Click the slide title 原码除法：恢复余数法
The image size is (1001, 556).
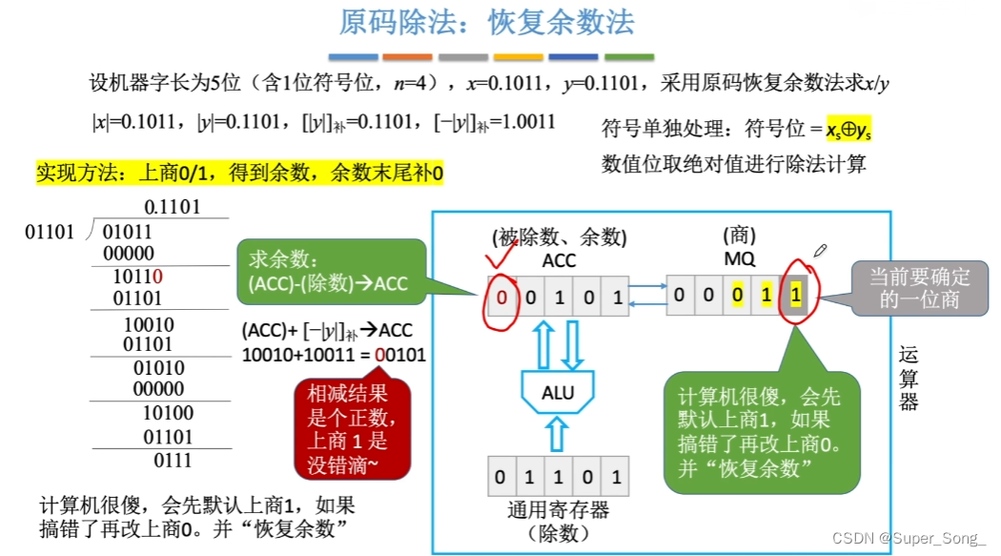487,22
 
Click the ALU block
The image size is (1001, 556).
558,393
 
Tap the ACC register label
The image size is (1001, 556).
560,259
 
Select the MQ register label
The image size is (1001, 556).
740,259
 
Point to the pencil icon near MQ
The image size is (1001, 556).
819,252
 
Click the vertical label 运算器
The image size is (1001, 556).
909,379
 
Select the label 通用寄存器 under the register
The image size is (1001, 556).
559,510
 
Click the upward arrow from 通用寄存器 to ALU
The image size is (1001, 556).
558,436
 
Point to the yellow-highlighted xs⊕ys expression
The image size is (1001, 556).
848,129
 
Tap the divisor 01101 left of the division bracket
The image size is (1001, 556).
50,232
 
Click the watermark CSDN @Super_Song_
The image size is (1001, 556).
909,539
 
